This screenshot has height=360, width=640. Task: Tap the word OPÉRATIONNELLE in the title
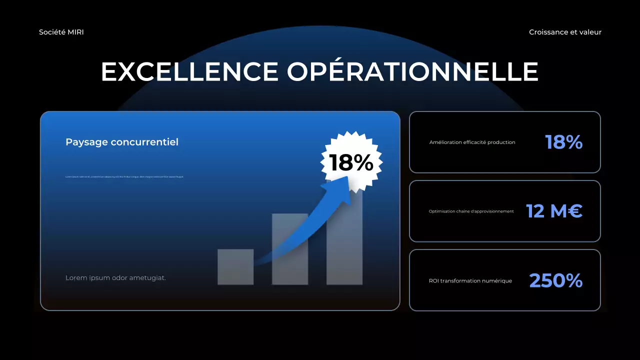412,71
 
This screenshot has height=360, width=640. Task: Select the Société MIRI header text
61,32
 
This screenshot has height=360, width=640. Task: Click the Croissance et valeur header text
565,32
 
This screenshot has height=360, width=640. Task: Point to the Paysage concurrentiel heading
122,142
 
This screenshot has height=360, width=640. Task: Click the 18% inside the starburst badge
351,162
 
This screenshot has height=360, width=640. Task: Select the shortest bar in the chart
235,267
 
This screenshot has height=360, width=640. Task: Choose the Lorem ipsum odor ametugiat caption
115,277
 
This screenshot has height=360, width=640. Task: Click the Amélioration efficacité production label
472,142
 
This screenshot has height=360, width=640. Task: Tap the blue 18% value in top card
563,142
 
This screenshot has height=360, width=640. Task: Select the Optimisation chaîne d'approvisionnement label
471,211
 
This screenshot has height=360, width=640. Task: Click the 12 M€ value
554,211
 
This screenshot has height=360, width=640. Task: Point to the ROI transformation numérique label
470,281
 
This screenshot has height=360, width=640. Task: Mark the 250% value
555,281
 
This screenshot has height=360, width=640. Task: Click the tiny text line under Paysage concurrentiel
124,176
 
